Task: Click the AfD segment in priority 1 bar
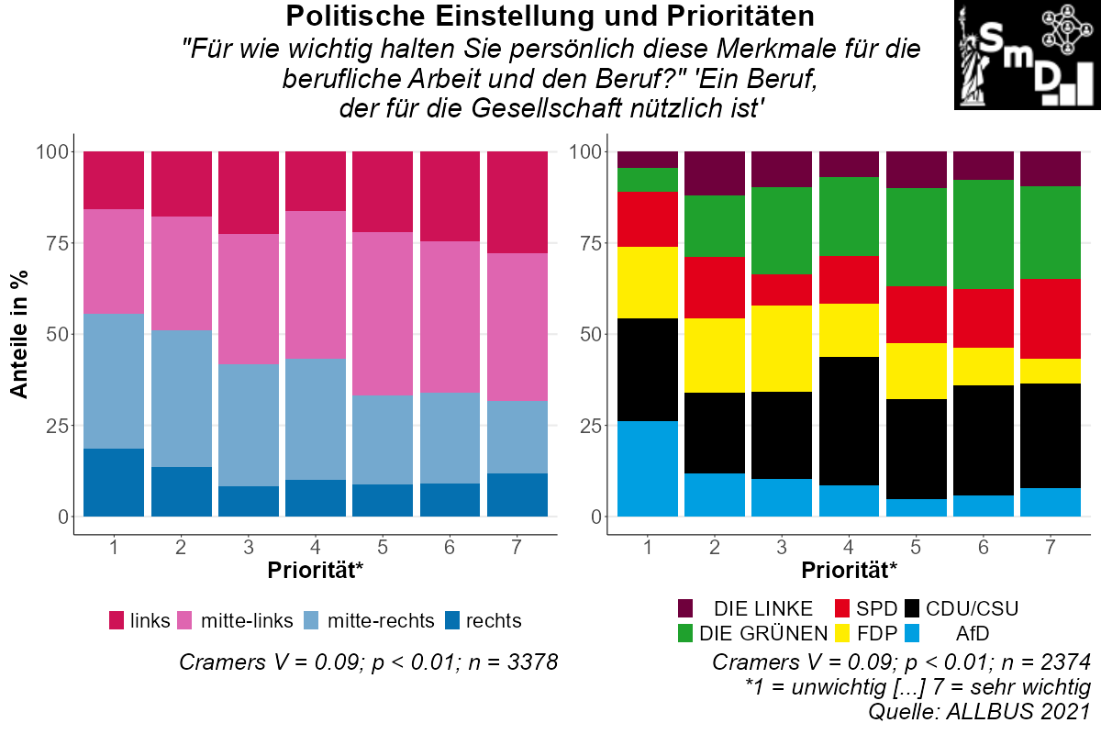(x=647, y=469)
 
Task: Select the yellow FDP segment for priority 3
(x=782, y=349)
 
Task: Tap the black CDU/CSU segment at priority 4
(x=849, y=421)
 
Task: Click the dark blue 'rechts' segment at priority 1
(x=114, y=483)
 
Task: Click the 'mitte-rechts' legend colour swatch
(x=313, y=620)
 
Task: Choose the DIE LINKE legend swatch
(x=686, y=608)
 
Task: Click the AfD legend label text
(x=972, y=632)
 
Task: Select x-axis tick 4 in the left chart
(x=316, y=548)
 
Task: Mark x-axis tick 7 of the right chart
(x=1051, y=548)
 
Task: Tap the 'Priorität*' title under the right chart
(x=849, y=570)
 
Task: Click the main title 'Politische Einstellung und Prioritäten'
(x=550, y=16)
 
